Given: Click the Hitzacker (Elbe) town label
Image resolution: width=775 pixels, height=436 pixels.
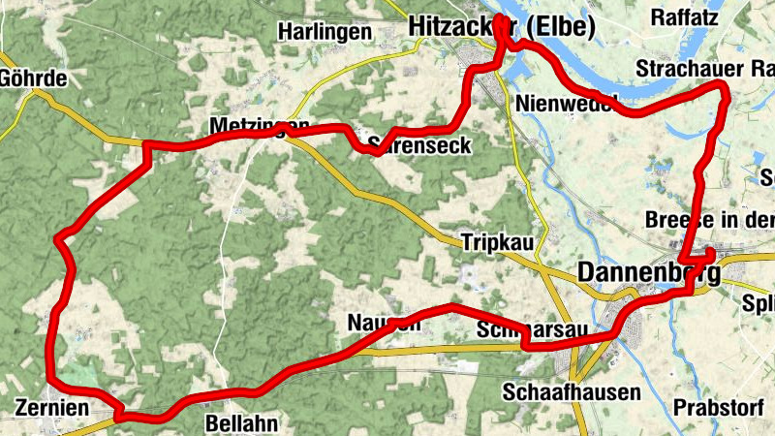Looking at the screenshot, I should pos(500,27).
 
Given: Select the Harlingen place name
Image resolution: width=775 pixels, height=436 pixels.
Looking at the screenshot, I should pos(325,32).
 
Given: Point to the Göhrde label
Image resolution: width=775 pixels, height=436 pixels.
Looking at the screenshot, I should pos(34,78).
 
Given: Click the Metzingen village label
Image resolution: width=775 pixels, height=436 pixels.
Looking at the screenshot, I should pos(259,128).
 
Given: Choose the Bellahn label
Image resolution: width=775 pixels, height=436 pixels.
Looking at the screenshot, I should pos(242,423).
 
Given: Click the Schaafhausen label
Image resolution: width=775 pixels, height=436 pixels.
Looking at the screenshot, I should pos(572,392).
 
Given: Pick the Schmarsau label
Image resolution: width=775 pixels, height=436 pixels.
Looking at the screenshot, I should pos(533,330).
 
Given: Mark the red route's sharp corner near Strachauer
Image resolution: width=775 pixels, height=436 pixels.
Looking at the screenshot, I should pos(723,89).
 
